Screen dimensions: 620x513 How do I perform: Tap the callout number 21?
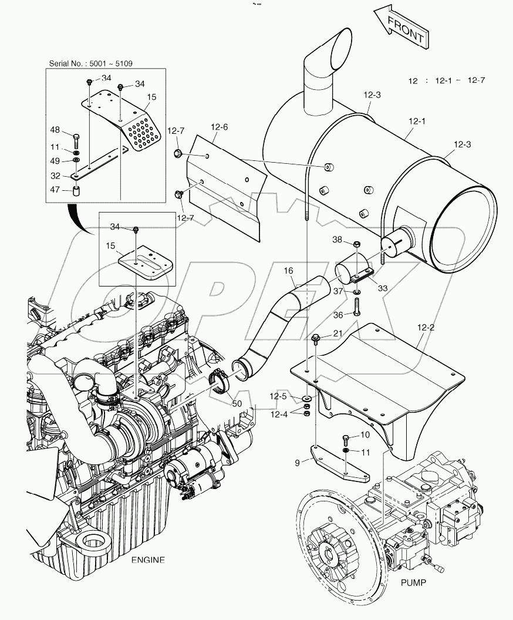338,333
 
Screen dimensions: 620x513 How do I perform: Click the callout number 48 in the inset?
55,130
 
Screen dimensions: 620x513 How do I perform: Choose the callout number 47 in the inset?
55,190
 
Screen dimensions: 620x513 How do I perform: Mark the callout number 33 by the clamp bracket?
383,288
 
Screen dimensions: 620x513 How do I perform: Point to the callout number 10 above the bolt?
365,435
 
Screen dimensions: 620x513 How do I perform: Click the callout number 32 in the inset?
55,175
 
